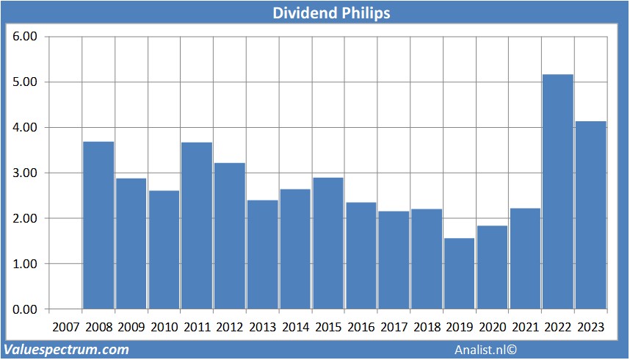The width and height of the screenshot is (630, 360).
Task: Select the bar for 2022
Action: click(557, 191)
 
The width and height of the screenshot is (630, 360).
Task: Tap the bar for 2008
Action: click(98, 225)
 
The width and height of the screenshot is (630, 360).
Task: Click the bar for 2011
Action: click(196, 225)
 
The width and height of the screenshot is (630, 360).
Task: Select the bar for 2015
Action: click(327, 242)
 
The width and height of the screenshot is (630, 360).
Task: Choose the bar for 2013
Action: click(262, 254)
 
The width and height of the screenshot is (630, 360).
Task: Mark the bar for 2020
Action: click(492, 267)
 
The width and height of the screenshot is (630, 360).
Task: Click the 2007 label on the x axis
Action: click(65, 327)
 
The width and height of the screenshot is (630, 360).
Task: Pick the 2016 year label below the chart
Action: click(361, 327)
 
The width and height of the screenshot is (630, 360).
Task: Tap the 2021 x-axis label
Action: click(525, 327)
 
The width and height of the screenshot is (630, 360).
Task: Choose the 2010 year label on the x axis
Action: click(164, 327)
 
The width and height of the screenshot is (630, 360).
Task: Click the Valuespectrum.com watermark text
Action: click(66, 350)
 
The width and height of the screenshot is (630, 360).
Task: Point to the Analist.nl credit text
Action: click(485, 350)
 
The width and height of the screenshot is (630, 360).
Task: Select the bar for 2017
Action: click(394, 260)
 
